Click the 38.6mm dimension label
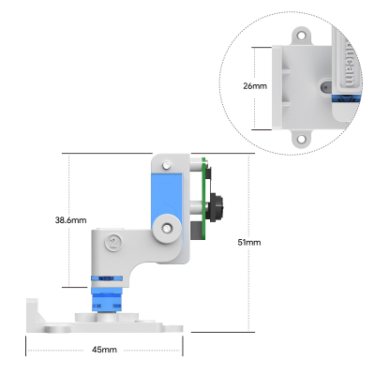click(x=70, y=220)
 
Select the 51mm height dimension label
click(x=248, y=242)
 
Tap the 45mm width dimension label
click(x=104, y=350)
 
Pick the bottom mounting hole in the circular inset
click(x=301, y=139)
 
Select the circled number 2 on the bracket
click(x=113, y=240)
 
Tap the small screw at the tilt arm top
click(x=167, y=166)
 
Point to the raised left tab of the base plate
click(x=32, y=308)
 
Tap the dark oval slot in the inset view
click(x=323, y=85)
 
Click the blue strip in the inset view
click(x=347, y=97)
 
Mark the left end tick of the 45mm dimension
click(x=26, y=350)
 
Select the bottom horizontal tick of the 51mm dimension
click(x=248, y=330)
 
